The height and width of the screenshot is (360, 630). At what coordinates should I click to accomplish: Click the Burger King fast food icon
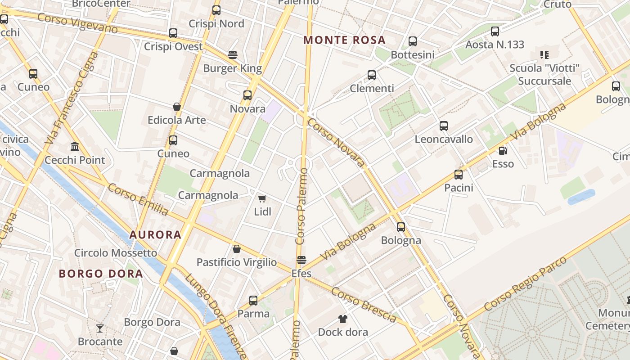(233, 55)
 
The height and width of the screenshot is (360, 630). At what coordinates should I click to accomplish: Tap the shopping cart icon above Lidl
(262, 198)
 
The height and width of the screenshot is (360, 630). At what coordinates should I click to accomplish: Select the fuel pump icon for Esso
(503, 151)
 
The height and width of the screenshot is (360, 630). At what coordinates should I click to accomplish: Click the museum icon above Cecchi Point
(75, 147)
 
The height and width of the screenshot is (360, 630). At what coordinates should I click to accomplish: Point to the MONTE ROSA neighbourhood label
(344, 40)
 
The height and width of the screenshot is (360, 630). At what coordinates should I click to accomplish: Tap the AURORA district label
(155, 234)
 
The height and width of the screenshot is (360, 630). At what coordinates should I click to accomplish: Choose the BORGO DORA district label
(101, 274)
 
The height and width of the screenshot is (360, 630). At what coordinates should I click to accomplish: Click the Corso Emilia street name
(138, 199)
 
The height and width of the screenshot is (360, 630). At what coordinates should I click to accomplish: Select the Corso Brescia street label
(364, 305)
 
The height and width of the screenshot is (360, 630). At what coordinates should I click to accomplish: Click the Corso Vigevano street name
(77, 23)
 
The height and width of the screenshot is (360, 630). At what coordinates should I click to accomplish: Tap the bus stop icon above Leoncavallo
(444, 126)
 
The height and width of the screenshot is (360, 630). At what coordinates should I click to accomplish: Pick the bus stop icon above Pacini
(459, 175)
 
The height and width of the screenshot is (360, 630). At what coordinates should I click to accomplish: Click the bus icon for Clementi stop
(372, 75)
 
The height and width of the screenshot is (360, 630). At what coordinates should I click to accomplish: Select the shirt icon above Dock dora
(343, 319)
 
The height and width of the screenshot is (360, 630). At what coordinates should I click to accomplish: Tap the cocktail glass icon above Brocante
(100, 328)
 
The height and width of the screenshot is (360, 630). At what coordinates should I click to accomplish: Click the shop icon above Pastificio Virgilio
(237, 249)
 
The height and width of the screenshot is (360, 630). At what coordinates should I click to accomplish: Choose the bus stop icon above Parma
(253, 301)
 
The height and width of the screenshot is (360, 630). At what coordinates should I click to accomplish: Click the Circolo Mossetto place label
(116, 253)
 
